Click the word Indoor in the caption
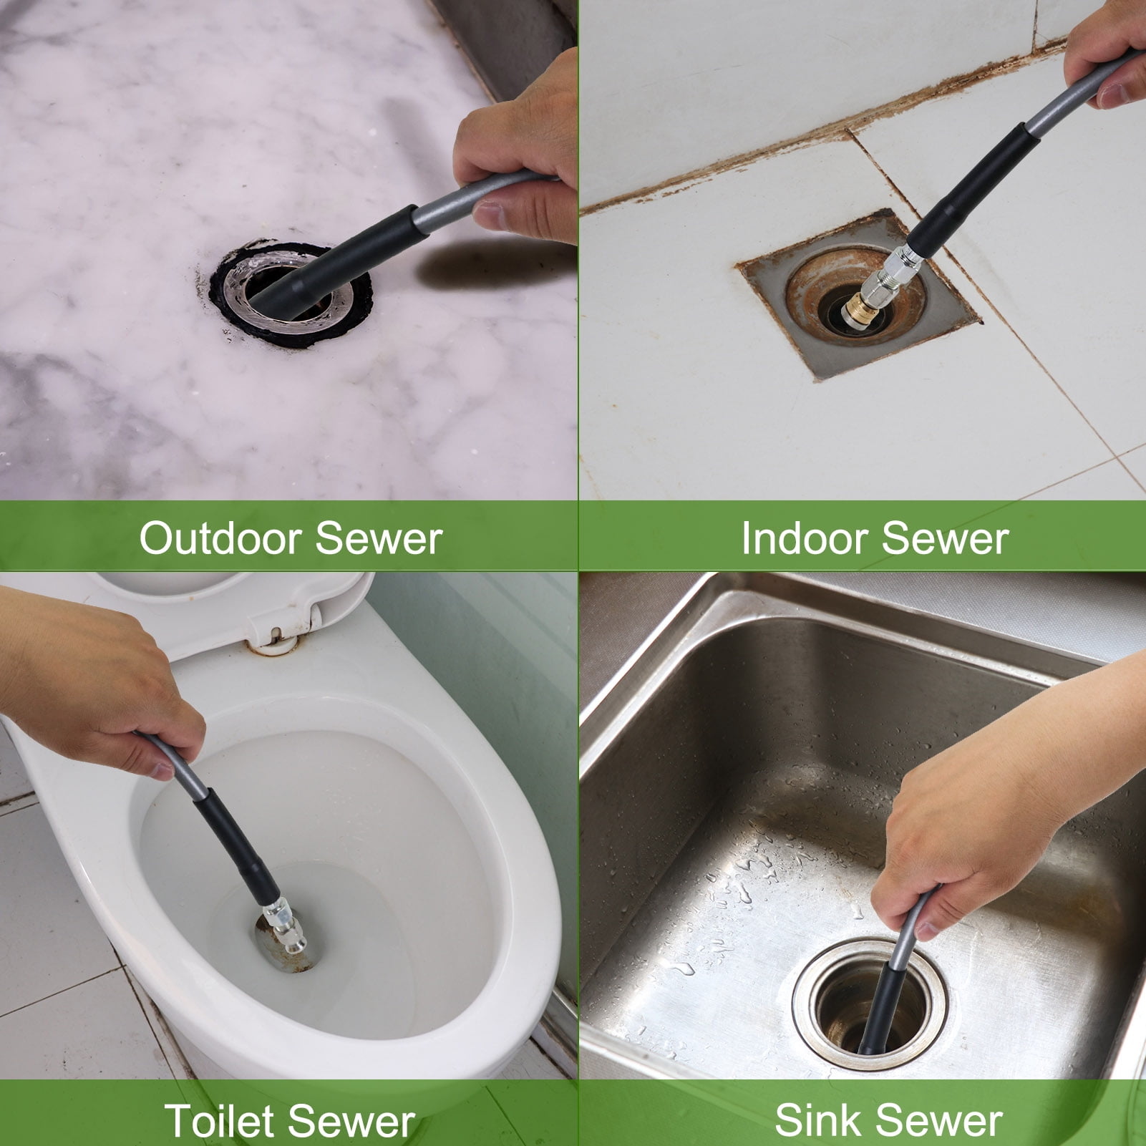805,538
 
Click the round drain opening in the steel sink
870,1006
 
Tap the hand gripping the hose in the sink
995,809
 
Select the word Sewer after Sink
938,1120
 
